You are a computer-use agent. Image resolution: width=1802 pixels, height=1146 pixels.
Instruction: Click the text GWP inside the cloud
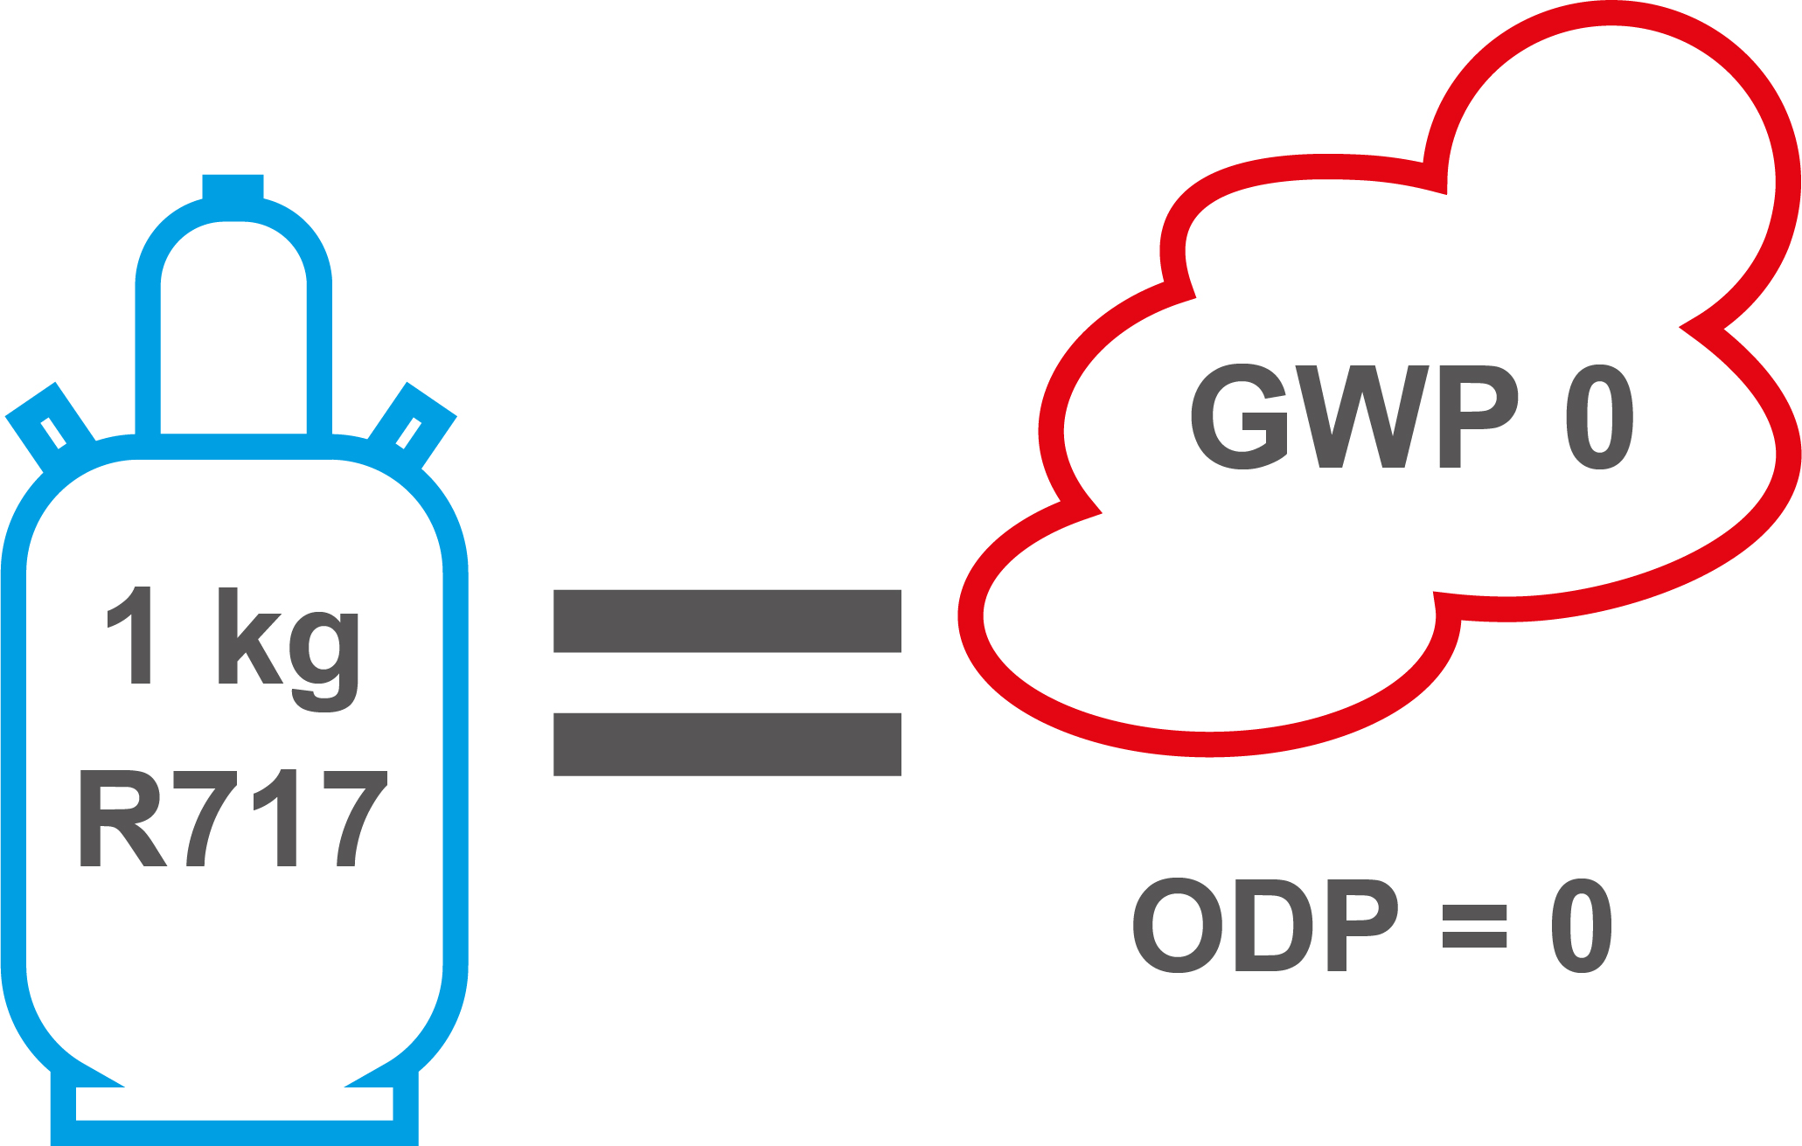pos(1353,417)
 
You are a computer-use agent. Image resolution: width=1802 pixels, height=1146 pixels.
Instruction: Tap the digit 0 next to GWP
pos(1599,417)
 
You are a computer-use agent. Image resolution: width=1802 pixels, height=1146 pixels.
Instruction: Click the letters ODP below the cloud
pos(1264,926)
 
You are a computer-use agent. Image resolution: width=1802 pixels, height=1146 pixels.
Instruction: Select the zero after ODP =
pos(1582,926)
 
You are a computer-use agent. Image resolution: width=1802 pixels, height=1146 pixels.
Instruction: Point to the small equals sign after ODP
pos(1474,927)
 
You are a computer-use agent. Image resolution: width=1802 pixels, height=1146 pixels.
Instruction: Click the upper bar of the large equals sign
pos(727,621)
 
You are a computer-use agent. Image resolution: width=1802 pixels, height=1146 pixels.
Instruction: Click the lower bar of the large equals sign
pos(727,744)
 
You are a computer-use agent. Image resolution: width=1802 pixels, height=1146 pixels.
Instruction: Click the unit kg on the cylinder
pos(289,647)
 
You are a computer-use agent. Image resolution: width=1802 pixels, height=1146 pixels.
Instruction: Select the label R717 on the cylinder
pos(233,818)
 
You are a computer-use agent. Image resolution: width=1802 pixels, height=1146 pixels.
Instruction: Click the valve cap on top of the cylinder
pos(233,188)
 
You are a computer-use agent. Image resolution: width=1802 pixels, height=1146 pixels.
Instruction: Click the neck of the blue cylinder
pos(233,332)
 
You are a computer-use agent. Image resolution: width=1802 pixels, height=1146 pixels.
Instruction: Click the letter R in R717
pos(121,818)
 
